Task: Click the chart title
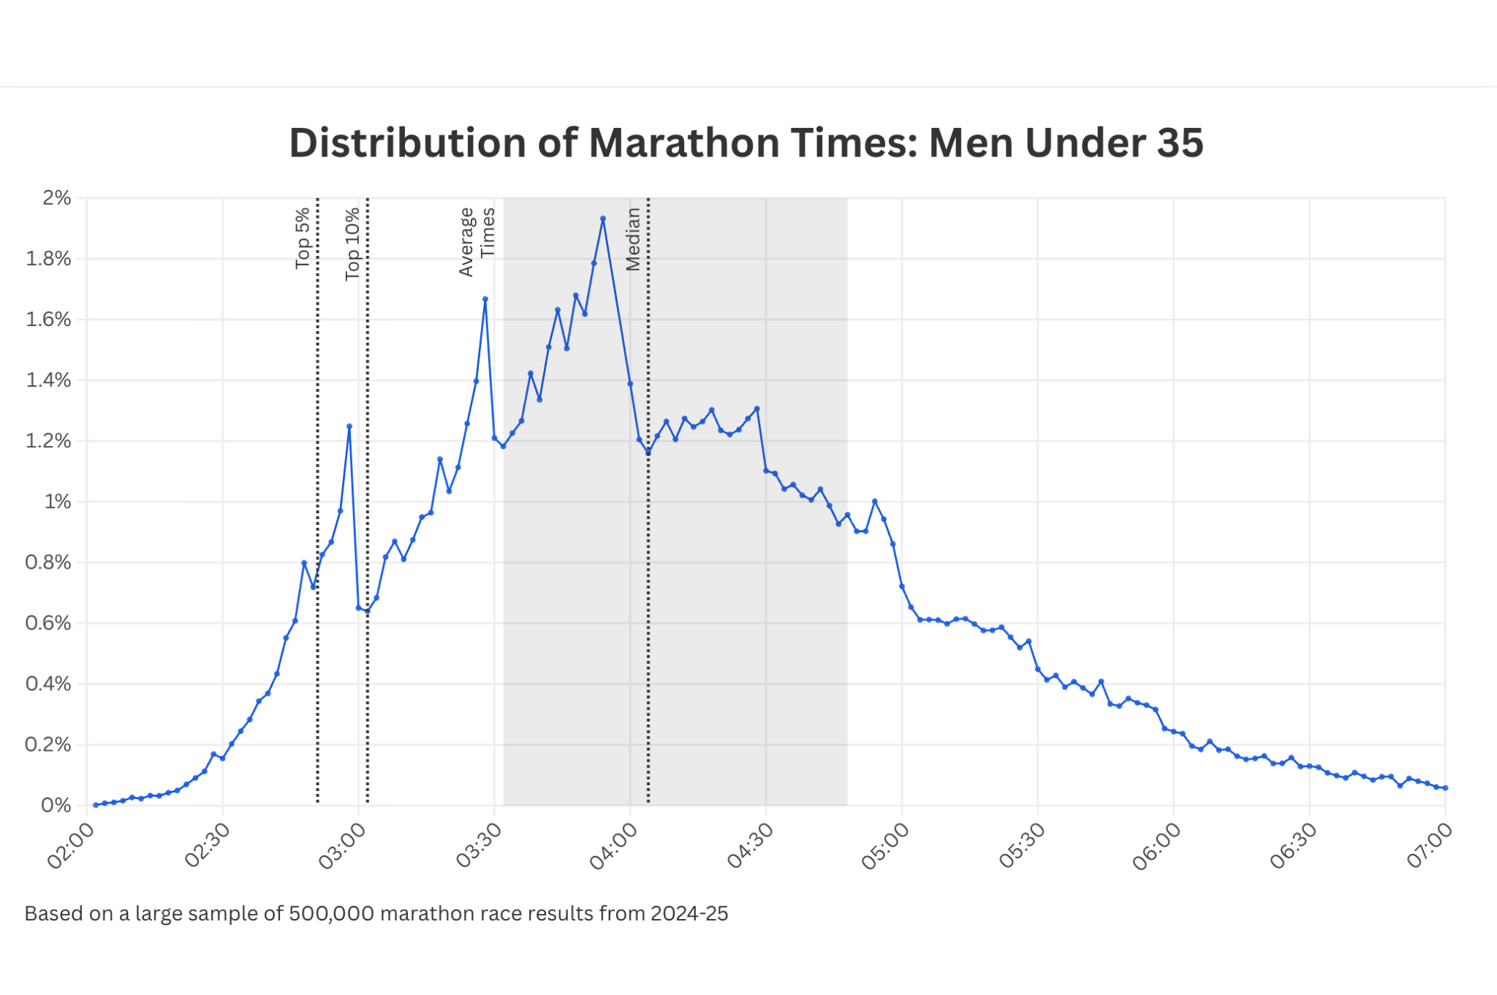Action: tap(746, 143)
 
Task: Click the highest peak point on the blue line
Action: tap(603, 219)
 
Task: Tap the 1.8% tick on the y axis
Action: tap(48, 259)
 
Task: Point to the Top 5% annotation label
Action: tap(303, 238)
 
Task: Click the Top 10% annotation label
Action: tap(352, 243)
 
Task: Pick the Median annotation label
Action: tap(633, 239)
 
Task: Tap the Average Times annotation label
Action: tap(477, 242)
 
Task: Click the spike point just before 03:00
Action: tap(349, 426)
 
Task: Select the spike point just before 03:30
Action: tap(485, 299)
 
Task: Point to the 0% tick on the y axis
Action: tap(56, 806)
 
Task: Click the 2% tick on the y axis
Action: tap(57, 198)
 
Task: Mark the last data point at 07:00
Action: tap(1445, 788)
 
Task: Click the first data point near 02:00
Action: tap(96, 805)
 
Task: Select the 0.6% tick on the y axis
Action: tap(48, 623)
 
